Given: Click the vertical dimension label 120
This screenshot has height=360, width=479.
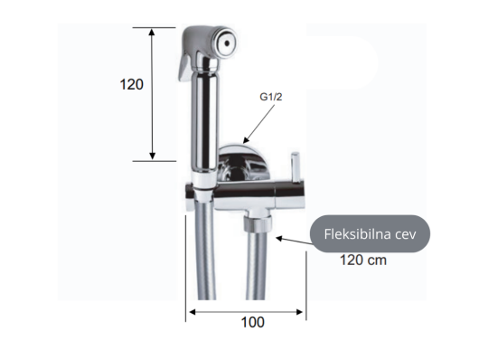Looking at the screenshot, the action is pyautogui.click(x=131, y=84).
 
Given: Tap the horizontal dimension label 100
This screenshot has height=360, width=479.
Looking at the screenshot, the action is pyautogui.click(x=253, y=322).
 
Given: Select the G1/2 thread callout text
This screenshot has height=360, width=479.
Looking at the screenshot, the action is pyautogui.click(x=271, y=97).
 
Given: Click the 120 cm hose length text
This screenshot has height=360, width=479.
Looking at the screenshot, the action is pyautogui.click(x=363, y=261).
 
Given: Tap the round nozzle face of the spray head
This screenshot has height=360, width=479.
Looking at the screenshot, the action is pyautogui.click(x=226, y=43).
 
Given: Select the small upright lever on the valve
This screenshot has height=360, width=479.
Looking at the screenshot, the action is pyautogui.click(x=296, y=167).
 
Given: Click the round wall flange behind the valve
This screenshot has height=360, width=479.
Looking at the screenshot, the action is pyautogui.click(x=244, y=162).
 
